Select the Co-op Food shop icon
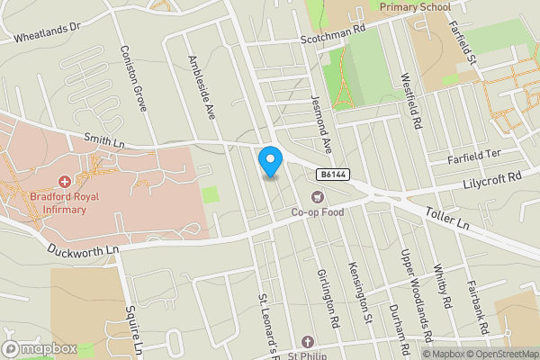point(316,197)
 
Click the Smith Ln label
point(103,139)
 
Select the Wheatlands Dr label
point(48,33)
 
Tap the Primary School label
point(415,7)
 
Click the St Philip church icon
point(307,341)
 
